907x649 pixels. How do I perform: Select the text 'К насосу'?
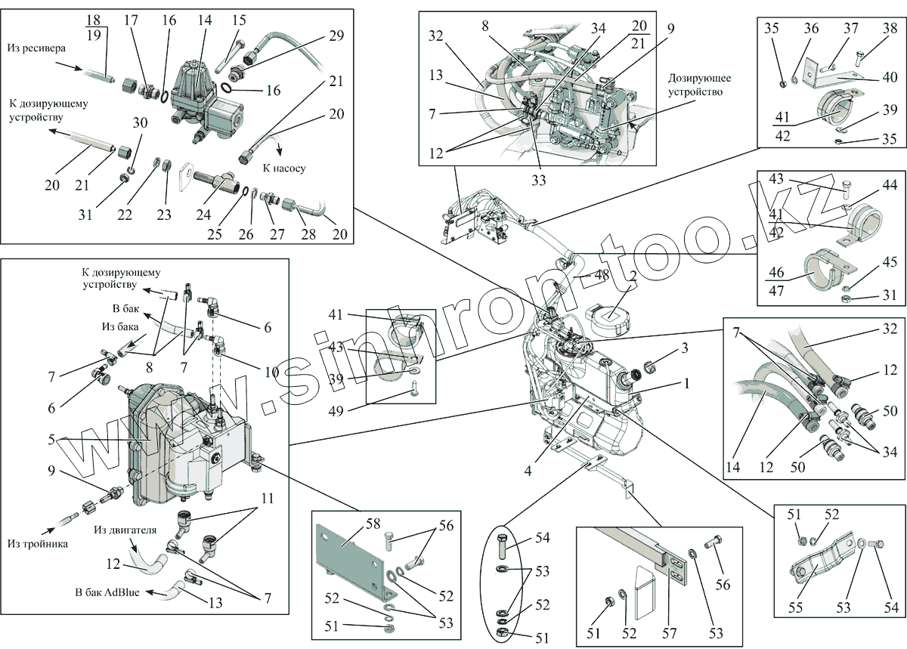[283, 168]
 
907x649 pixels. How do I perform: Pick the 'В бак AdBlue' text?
[107, 592]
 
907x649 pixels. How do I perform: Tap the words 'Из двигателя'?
[125, 530]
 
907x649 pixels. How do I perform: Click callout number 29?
[336, 36]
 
